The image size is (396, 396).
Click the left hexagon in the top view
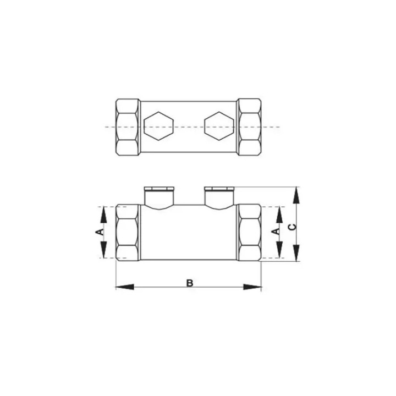[x=158, y=126]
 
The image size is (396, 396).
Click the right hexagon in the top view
[x=219, y=126]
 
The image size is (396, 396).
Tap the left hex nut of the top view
[x=128, y=127]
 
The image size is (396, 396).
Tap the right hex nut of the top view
[x=250, y=127]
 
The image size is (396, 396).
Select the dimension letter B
[x=190, y=283]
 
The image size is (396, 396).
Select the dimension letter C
[x=293, y=227]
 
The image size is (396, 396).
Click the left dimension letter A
[x=101, y=232]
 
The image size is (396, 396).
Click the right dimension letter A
[x=276, y=231]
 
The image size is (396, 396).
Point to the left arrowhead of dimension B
[x=124, y=287]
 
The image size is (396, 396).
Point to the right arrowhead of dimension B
[x=252, y=287]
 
